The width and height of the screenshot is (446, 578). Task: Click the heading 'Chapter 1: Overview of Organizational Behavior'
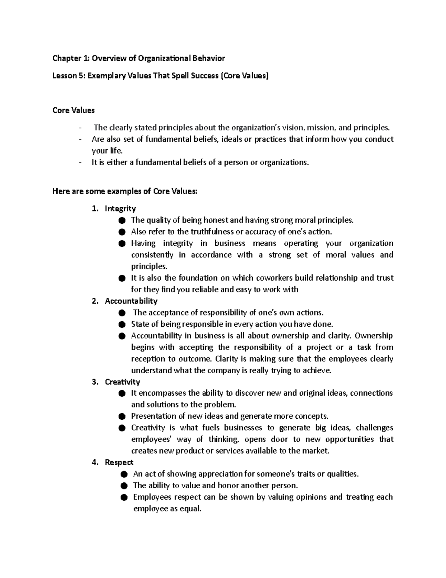tap(139, 58)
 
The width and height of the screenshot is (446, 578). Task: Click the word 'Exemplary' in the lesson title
tap(107, 76)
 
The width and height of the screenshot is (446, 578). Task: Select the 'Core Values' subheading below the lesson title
tap(74, 111)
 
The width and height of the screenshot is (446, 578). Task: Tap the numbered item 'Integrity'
tap(120, 208)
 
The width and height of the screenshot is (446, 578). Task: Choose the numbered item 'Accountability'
tap(131, 301)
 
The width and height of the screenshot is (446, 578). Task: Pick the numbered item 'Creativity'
tap(122, 382)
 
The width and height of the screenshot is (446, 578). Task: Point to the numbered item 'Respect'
tap(119, 462)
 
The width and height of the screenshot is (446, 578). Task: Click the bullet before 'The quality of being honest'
tap(122, 220)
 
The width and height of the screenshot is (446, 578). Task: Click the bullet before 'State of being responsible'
tap(122, 324)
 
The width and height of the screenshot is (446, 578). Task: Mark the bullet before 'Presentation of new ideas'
tap(122, 416)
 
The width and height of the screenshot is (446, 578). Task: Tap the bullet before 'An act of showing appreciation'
tap(124, 474)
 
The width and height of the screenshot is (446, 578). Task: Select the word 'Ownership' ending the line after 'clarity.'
tap(374, 336)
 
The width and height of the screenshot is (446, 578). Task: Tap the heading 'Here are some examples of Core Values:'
tap(125, 192)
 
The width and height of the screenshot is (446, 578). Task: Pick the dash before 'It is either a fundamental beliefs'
tap(80, 163)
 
